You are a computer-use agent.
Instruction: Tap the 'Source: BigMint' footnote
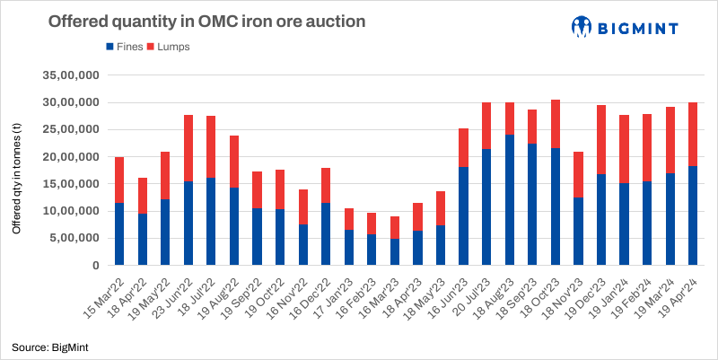44,346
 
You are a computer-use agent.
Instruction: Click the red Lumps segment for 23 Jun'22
188,148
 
